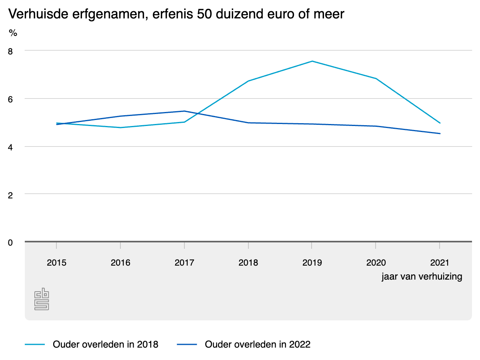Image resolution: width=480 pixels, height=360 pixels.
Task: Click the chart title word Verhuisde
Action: (38, 14)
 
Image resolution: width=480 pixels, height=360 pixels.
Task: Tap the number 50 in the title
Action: (204, 14)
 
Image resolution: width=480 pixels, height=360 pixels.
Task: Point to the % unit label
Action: (13, 33)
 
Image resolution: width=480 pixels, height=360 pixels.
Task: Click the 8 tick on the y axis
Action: (10, 52)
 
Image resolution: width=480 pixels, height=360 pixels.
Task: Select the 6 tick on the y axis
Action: (10, 100)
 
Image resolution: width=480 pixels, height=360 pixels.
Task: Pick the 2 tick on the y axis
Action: (10, 196)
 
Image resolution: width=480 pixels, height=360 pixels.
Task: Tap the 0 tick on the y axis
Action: (10, 243)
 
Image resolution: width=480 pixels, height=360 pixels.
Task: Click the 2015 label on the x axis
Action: (56, 262)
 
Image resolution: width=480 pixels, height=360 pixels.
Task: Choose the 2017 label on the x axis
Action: (184, 262)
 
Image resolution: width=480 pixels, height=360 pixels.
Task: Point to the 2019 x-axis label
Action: (312, 262)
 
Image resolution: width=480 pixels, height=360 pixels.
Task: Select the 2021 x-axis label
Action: (440, 262)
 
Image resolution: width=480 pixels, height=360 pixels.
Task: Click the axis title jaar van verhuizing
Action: (422, 276)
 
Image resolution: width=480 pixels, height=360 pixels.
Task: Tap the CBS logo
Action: (42, 299)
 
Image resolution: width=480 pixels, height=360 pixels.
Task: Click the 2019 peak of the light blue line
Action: (312, 61)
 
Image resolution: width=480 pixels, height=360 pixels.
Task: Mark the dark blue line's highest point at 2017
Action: (184, 111)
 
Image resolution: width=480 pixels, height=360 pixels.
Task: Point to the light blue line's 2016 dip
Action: (120, 128)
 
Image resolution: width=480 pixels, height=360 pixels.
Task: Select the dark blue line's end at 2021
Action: (440, 134)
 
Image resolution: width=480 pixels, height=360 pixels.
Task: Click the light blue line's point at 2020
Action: (376, 78)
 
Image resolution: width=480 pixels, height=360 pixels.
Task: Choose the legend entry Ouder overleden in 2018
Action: (92, 344)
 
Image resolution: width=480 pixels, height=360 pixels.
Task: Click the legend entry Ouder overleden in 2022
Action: (244, 344)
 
